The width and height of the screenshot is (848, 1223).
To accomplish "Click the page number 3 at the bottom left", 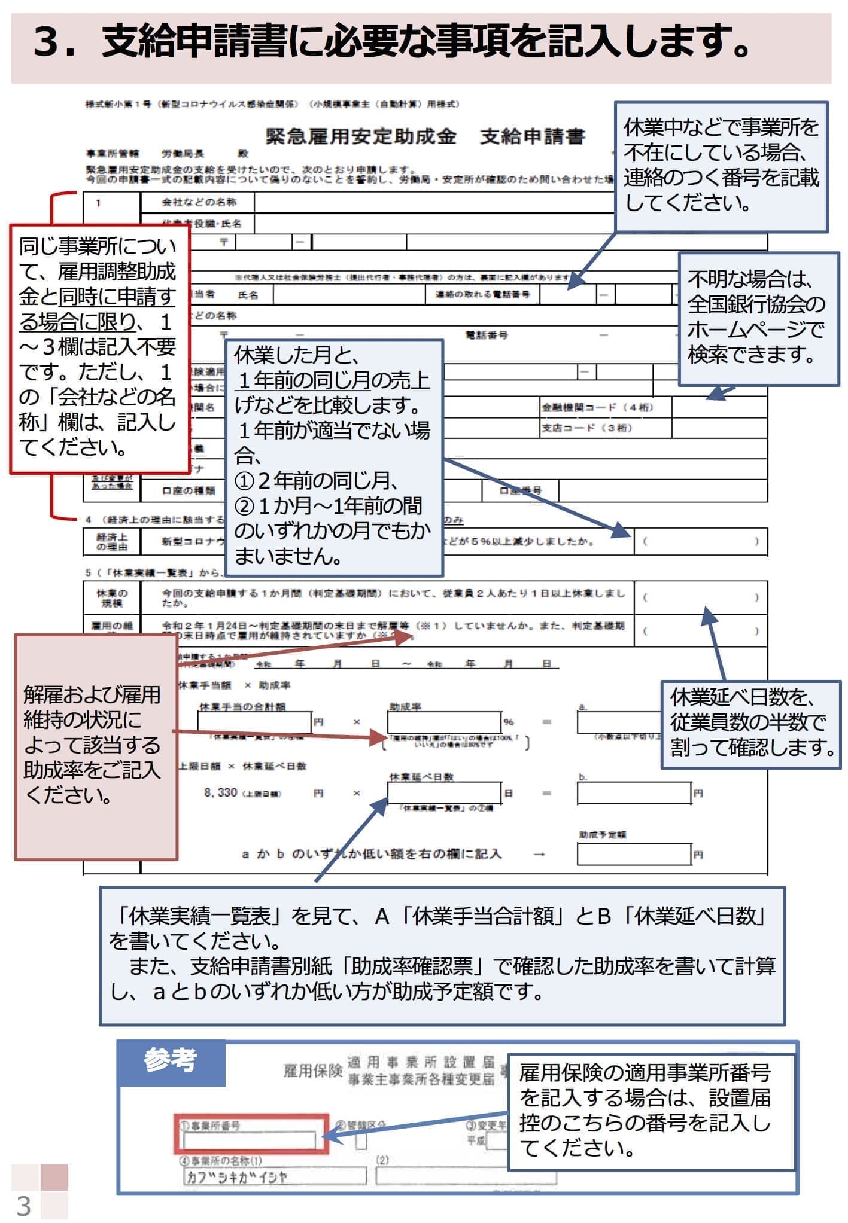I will (x=24, y=1206).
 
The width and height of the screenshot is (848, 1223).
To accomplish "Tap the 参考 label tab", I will (x=171, y=1060).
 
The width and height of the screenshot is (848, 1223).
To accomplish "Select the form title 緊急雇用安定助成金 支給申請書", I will (x=425, y=137).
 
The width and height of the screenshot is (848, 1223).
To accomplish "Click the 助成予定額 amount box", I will (x=634, y=854).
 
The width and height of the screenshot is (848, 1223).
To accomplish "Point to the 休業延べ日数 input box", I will (x=443, y=793).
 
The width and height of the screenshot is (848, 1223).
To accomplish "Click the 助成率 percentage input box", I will (x=443, y=722).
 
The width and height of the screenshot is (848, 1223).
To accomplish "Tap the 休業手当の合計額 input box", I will (x=254, y=722).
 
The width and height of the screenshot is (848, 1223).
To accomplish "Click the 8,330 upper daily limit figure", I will (x=220, y=792).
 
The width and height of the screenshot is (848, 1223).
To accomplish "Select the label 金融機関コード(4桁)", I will (x=597, y=408).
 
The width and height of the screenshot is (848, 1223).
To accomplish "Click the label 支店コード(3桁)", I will (x=586, y=428).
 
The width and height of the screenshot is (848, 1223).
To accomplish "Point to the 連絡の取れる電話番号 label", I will (x=482, y=294).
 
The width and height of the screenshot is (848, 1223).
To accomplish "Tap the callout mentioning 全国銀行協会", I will (x=758, y=318).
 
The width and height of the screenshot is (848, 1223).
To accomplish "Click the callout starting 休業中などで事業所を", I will (x=721, y=166).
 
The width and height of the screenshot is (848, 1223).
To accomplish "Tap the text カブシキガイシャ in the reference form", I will (x=237, y=1177).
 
